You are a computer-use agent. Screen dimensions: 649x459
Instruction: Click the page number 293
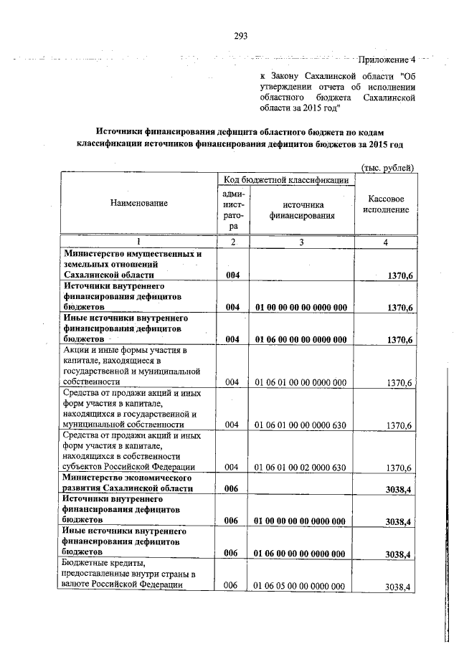(240, 39)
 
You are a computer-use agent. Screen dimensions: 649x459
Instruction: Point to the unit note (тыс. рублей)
(389, 168)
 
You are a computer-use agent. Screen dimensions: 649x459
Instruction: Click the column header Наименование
(138, 204)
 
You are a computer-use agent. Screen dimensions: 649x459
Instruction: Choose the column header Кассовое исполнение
(388, 204)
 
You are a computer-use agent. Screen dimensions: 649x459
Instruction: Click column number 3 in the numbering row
(302, 242)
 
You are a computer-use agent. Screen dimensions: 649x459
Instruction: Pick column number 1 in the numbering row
(138, 242)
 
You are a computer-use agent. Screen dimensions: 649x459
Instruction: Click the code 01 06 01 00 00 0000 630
(301, 425)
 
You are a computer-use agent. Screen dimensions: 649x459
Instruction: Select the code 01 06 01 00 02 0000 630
(301, 468)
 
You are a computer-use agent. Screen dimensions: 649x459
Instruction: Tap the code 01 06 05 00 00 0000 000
(301, 587)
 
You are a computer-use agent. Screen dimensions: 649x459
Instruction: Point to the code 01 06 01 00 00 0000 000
(301, 383)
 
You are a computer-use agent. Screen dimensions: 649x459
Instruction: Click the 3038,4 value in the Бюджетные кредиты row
(397, 587)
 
